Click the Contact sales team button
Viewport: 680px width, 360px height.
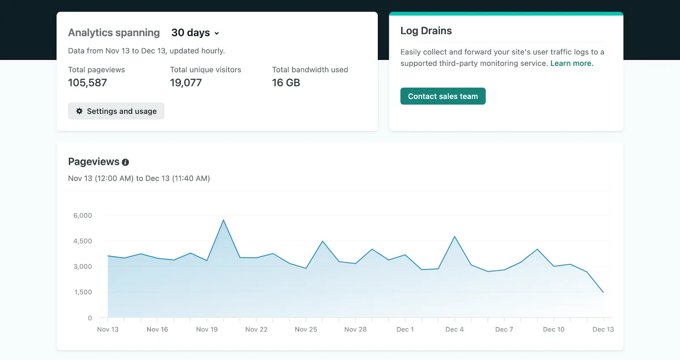[x=443, y=96]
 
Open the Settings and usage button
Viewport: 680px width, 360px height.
[x=116, y=111]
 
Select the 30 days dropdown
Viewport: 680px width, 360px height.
[x=195, y=33]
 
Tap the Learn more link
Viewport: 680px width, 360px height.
[x=572, y=63]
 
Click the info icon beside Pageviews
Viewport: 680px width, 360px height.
[x=125, y=162]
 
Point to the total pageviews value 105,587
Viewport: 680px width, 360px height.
[x=88, y=83]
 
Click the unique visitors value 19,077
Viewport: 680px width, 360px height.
[x=186, y=83]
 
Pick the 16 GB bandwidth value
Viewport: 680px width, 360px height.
[x=286, y=83]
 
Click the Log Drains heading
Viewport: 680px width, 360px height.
[x=426, y=31]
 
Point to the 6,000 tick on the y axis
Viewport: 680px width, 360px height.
[x=83, y=215]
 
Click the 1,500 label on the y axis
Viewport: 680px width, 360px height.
[x=83, y=292]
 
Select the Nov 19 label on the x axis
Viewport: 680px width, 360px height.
[x=207, y=329]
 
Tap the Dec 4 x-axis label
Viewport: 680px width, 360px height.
[x=454, y=329]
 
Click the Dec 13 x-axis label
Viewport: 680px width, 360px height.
[x=603, y=329]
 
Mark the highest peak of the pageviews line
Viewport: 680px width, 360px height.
[x=224, y=220]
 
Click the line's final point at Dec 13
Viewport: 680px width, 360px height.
[x=603, y=292]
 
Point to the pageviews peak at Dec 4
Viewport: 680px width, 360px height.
[x=455, y=237]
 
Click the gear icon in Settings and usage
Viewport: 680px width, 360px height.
[x=79, y=111]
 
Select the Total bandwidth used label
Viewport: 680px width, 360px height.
[x=310, y=70]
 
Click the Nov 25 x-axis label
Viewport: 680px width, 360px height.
[x=306, y=329]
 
